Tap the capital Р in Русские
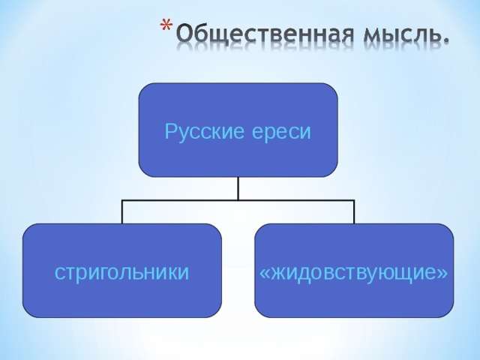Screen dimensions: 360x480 (x=170, y=132)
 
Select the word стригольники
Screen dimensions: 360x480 (x=121, y=271)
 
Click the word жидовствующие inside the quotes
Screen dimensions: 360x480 (x=354, y=271)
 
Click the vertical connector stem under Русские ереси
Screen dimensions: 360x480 (x=238, y=188)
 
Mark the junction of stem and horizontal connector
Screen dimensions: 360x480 (x=238, y=200)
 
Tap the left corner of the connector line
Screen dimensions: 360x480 (x=121, y=200)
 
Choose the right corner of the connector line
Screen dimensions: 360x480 (x=354, y=200)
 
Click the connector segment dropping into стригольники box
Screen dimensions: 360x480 (x=121, y=212)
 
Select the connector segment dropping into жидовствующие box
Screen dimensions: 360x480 (x=354, y=212)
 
